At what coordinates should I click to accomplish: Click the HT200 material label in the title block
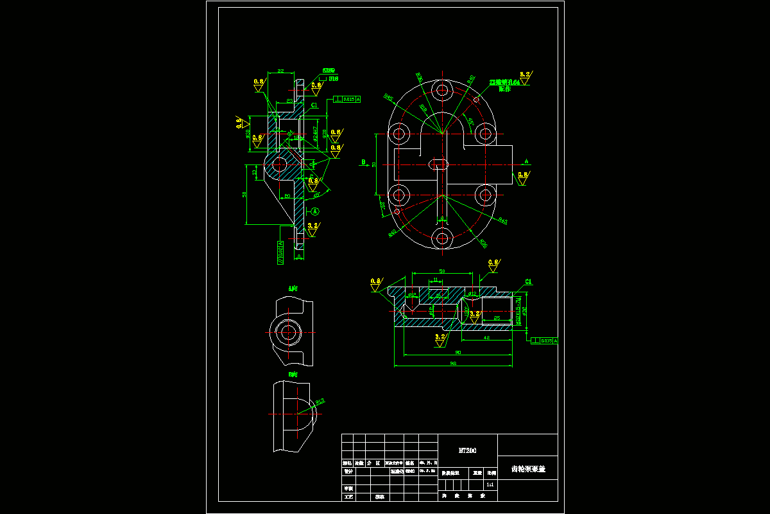click(466, 450)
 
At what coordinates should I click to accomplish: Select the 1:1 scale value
click(490, 484)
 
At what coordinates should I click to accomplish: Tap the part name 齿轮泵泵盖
click(527, 469)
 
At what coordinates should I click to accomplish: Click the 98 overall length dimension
click(452, 363)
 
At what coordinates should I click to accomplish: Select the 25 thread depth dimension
click(497, 318)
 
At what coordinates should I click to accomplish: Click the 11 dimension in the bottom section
click(436, 280)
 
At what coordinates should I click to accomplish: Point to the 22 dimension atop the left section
click(280, 71)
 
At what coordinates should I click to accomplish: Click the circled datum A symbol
click(315, 211)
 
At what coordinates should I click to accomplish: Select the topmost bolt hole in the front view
click(441, 90)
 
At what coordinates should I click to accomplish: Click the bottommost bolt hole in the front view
click(441, 238)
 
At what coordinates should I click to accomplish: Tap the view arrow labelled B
click(364, 162)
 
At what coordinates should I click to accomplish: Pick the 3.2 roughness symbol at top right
click(525, 75)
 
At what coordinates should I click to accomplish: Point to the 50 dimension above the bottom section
click(442, 270)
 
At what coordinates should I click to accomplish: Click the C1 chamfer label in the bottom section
click(529, 281)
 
